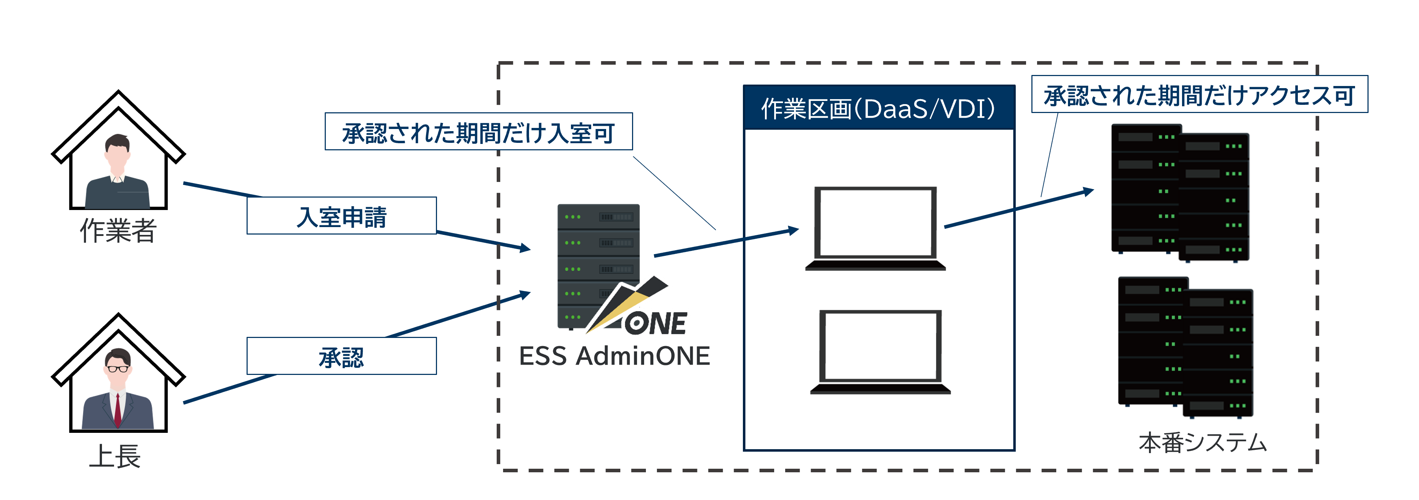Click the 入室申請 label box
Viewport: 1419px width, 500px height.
(341, 216)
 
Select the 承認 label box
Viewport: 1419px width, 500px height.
(341, 357)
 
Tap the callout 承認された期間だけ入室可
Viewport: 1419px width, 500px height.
(478, 132)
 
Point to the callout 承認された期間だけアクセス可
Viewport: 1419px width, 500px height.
(1199, 95)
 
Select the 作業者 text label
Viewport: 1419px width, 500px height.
(118, 230)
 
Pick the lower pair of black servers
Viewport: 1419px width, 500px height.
(1185, 347)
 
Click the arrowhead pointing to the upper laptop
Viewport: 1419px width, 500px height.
(794, 230)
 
